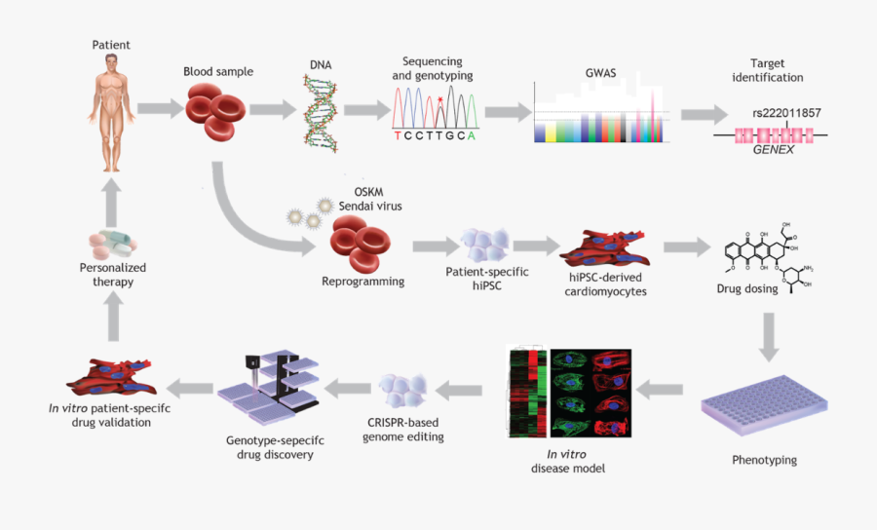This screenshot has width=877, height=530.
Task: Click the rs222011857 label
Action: click(786, 113)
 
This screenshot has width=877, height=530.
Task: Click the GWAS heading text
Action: click(599, 73)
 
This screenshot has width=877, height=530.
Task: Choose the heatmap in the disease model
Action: click(527, 394)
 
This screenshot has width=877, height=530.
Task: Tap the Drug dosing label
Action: click(751, 288)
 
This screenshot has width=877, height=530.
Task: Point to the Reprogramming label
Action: click(362, 282)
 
